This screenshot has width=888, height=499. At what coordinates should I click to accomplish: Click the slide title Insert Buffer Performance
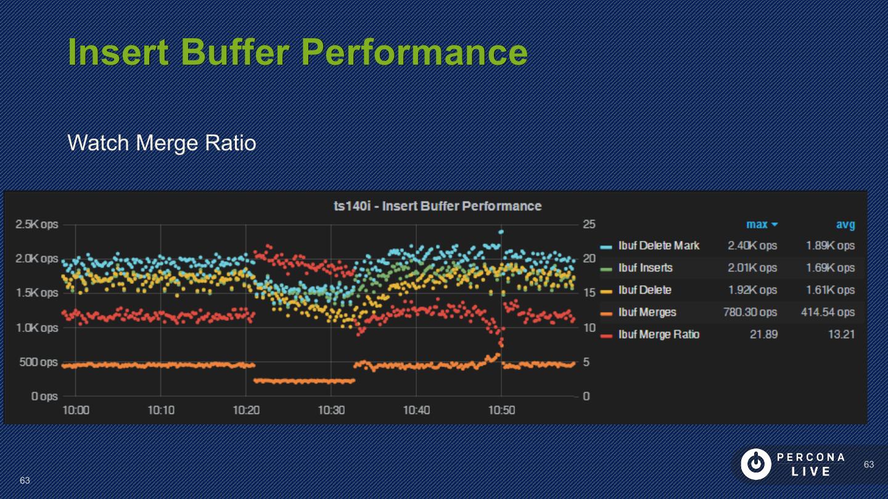click(297, 52)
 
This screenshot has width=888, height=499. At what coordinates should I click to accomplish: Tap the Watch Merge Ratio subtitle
click(162, 143)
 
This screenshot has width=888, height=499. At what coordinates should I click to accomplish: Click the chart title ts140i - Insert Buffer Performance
click(437, 206)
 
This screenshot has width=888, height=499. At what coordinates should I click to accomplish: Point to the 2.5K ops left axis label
click(37, 224)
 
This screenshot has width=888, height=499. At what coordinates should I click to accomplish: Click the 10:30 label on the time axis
click(331, 410)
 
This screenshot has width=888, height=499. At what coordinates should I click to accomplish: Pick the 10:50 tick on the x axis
click(501, 410)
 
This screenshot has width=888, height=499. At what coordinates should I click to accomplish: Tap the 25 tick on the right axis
click(589, 224)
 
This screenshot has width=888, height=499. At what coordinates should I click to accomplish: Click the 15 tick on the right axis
click(589, 293)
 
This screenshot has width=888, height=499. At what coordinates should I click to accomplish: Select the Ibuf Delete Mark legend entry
click(659, 246)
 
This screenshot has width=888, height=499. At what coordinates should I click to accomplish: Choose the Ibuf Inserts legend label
click(645, 268)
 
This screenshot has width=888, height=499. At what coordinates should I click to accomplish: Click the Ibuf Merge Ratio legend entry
click(659, 335)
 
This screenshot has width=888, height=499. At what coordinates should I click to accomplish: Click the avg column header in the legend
click(845, 225)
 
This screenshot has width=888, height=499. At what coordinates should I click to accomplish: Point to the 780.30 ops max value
click(750, 312)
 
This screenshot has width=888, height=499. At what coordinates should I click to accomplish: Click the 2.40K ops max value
click(752, 246)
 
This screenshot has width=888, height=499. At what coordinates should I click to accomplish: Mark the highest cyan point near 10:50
click(501, 232)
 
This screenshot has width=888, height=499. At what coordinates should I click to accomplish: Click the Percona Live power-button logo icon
click(755, 464)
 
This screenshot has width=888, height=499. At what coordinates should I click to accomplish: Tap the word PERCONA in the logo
click(811, 457)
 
